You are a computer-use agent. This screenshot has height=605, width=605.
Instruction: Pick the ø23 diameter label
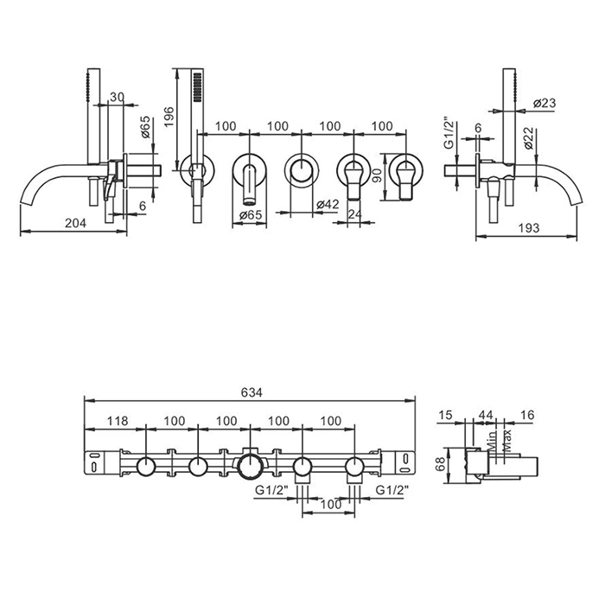coord(544,103)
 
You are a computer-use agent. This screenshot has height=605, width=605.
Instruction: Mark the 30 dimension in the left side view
coord(118,97)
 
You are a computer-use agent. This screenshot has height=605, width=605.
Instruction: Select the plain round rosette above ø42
coord(301,169)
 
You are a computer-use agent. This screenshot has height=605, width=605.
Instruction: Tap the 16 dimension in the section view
coord(527,416)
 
